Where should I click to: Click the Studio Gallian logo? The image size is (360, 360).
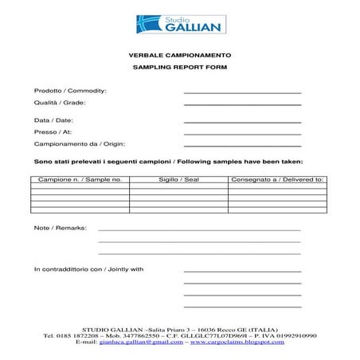(x=179, y=24)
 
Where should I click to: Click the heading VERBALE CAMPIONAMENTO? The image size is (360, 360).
(x=179, y=56)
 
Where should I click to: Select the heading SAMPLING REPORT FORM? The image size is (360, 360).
(x=179, y=68)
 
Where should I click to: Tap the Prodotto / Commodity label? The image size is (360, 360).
(x=70, y=91)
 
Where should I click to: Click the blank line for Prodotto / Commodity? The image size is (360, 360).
(x=242, y=93)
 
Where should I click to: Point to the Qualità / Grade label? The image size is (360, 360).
(x=60, y=103)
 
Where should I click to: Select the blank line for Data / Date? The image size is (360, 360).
(x=242, y=122)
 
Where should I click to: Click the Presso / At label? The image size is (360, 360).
(x=53, y=131)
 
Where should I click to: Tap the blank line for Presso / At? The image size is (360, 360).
(x=242, y=134)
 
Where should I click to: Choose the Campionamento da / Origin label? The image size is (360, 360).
(x=80, y=144)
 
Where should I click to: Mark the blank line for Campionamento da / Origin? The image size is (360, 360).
(x=242, y=147)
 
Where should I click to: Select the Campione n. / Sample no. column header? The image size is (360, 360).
(x=80, y=180)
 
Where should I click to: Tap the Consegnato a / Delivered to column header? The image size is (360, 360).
(x=277, y=180)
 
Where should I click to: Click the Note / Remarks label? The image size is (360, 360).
(x=60, y=228)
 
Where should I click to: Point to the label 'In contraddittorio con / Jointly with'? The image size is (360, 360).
(x=88, y=269)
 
